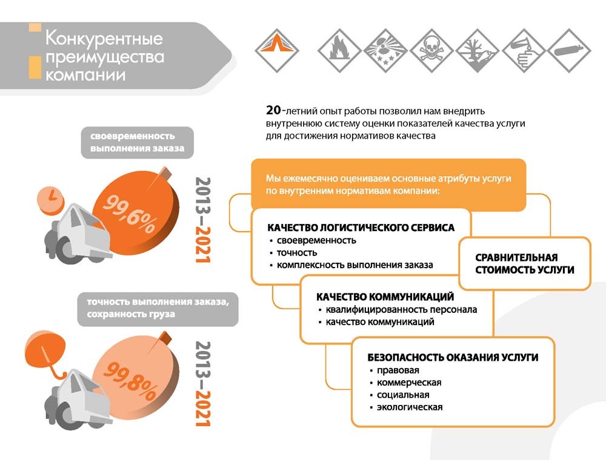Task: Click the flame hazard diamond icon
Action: pos(339,50)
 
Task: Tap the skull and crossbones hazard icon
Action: pos(431,50)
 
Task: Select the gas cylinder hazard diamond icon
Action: pos(569,50)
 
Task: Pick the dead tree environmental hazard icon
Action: pos(478,50)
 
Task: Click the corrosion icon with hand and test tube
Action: pos(524,50)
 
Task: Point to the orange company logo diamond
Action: pos(277,50)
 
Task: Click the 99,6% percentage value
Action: pos(130,214)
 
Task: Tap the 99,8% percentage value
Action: pos(130,381)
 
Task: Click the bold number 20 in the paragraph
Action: pos(273,110)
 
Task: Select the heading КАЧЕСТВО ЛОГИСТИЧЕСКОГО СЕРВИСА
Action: pos(361,228)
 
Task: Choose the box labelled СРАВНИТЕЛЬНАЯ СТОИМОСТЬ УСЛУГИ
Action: pos(525,263)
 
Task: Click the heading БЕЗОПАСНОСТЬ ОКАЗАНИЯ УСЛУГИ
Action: pos(453,357)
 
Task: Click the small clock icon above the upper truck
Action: pos(50,200)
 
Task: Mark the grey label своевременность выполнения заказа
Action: pos(137,142)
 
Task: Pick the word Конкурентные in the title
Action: pos(104,38)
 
